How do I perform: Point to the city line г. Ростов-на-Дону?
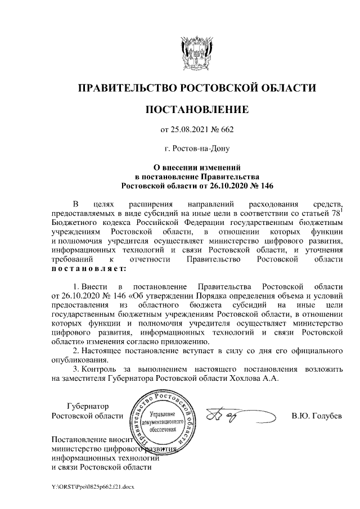pyautogui.click(x=197, y=149)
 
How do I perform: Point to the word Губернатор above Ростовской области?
pyautogui.click(x=87, y=406)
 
